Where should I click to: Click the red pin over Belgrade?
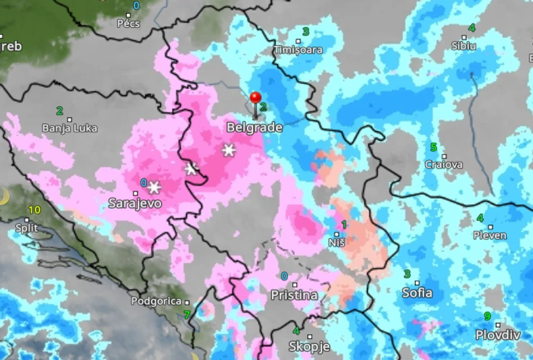pyautogui.click(x=255, y=99)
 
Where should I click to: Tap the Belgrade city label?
pyautogui.click(x=254, y=127)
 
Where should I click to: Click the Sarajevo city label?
pyautogui.click(x=135, y=202)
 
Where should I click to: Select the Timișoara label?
pyautogui.click(x=298, y=50)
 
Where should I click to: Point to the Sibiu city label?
pyautogui.click(x=464, y=46)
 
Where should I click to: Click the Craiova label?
pyautogui.click(x=443, y=164)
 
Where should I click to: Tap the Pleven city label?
pyautogui.click(x=490, y=235)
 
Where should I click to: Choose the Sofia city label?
pyautogui.click(x=417, y=293)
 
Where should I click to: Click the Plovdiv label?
pyautogui.click(x=498, y=334)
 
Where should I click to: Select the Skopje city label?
pyautogui.click(x=309, y=347)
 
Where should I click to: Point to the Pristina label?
pyautogui.click(x=293, y=295)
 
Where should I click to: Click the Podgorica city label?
pyautogui.click(x=157, y=301)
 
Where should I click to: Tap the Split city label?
pyautogui.click(x=26, y=228)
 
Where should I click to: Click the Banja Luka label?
pyautogui.click(x=69, y=127)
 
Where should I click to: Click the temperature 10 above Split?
pyautogui.click(x=34, y=210)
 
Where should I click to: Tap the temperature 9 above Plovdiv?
pyautogui.click(x=486, y=316)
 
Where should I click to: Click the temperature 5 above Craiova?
pyautogui.click(x=433, y=147)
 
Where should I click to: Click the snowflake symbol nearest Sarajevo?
pyautogui.click(x=154, y=187)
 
